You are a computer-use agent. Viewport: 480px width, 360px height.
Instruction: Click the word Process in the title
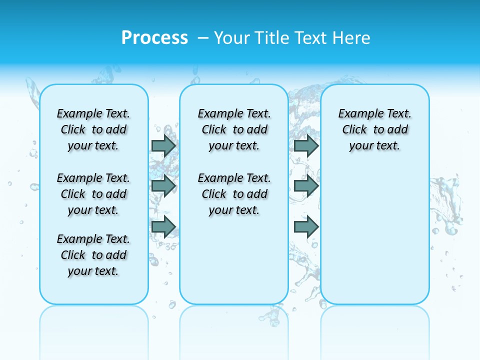tap(154, 37)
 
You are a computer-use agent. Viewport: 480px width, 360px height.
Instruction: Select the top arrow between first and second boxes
tap(163, 145)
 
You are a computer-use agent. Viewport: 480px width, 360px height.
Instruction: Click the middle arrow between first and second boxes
tap(163, 186)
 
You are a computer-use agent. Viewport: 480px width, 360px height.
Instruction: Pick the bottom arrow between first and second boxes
tap(163, 227)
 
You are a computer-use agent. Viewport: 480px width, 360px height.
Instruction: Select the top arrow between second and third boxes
tap(306, 145)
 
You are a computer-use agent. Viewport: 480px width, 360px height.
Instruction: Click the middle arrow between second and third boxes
tap(306, 186)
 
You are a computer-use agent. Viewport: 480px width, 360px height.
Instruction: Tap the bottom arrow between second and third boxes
tap(306, 227)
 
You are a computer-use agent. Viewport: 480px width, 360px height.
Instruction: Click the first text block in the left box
tap(93, 129)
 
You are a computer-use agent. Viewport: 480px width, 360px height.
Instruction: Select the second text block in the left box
tap(93, 194)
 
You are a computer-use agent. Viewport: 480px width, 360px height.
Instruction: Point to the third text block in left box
tap(93, 255)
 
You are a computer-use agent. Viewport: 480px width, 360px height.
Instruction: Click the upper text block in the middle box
tap(234, 129)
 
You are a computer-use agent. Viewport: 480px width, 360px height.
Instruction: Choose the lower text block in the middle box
tap(234, 194)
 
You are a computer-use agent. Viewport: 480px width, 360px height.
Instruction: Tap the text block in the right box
tap(375, 129)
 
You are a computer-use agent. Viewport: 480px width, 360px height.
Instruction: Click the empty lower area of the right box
tap(375, 235)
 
